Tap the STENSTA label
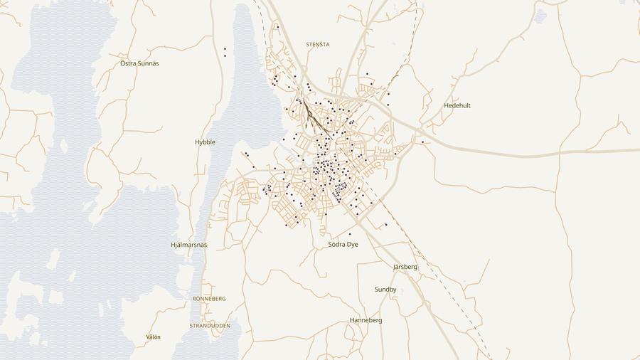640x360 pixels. tap(317, 44)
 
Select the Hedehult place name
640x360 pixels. tap(457, 105)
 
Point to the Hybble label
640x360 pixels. tap(205, 142)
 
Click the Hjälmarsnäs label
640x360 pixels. tap(189, 245)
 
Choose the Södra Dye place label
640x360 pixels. tap(343, 244)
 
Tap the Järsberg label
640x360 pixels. tap(405, 267)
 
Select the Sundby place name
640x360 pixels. tap(385, 290)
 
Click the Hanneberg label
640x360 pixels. tap(366, 320)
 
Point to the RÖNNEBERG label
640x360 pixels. tap(209, 299)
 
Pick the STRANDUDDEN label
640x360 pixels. tap(210, 325)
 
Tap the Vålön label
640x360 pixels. tap(154, 337)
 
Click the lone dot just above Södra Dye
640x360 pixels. tap(350, 234)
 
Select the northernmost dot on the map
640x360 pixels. tap(277, 27)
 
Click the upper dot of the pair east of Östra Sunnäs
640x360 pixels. tap(225, 49)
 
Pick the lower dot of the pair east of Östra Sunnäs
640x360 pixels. tap(225, 55)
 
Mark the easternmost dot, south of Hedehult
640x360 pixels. tap(422, 142)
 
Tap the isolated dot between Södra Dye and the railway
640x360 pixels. tap(385, 225)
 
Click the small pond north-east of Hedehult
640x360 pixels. tap(540, 16)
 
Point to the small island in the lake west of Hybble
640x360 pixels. tap(64, 146)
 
